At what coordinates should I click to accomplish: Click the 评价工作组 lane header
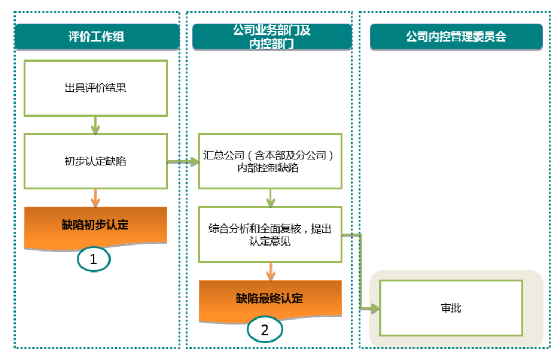97,37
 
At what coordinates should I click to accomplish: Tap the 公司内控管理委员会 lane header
456,37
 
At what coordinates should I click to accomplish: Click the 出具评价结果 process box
96,88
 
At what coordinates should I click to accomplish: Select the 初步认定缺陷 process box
96,161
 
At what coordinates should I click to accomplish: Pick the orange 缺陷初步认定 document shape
96,225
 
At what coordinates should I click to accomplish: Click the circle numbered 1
93,259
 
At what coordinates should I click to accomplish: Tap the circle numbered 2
264,330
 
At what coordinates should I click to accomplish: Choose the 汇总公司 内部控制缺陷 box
270,161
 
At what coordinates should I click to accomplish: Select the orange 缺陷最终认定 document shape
270,298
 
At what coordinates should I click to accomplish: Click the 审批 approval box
451,308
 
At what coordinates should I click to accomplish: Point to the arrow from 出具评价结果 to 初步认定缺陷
96,125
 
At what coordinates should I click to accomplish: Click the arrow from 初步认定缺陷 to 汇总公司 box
183,161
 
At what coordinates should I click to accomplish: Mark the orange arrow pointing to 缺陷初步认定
96,198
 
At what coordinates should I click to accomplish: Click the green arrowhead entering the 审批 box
375,309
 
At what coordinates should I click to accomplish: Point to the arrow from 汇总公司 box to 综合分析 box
270,198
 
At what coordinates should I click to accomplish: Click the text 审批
451,308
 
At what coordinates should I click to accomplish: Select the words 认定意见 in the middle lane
270,242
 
